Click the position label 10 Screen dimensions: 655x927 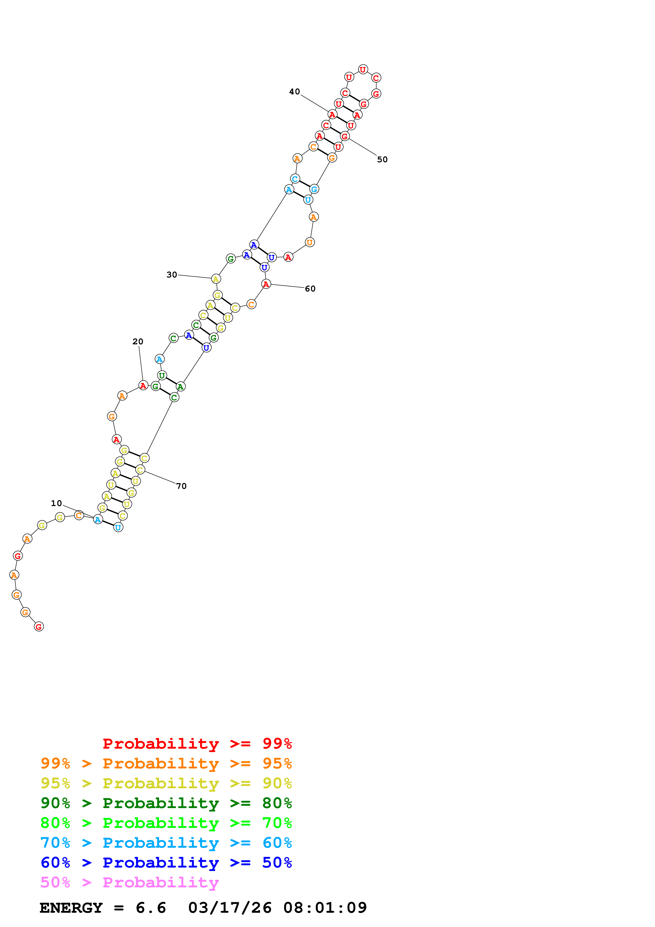pyautogui.click(x=56, y=503)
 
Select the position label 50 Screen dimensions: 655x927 pyautogui.click(x=382, y=160)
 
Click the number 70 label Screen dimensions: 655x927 pyautogui.click(x=181, y=486)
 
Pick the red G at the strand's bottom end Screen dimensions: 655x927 pyautogui.click(x=39, y=627)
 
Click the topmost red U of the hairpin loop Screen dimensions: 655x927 pyautogui.click(x=363, y=69)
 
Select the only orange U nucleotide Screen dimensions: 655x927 pyautogui.click(x=310, y=242)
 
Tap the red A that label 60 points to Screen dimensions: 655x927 pyautogui.click(x=266, y=284)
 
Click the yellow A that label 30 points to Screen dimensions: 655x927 pyautogui.click(x=216, y=279)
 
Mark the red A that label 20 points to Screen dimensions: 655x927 pyautogui.click(x=143, y=386)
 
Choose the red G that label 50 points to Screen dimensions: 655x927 pyautogui.click(x=344, y=136)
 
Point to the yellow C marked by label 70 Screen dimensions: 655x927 pyautogui.click(x=140, y=470)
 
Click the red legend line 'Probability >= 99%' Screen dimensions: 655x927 pyautogui.click(x=197, y=744)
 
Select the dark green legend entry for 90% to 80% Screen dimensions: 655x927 pyautogui.click(x=166, y=803)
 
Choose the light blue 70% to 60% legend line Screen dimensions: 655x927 pyautogui.click(x=166, y=843)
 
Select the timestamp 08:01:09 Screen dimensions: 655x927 pyautogui.click(x=325, y=908)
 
